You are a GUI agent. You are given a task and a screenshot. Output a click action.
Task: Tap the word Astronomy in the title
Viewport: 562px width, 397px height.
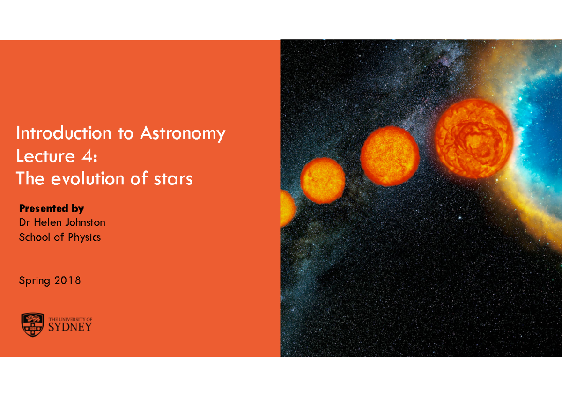pos(182,134)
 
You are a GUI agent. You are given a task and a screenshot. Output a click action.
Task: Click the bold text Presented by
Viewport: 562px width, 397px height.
pos(51,208)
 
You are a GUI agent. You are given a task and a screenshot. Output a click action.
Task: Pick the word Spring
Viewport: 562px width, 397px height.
pos(34,281)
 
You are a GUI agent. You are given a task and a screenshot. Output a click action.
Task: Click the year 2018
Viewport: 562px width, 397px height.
pos(67,280)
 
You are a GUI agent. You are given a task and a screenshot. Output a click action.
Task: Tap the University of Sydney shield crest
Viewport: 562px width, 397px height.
pos(33,324)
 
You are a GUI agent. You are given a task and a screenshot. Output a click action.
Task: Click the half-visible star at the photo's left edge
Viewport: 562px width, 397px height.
pos(287,208)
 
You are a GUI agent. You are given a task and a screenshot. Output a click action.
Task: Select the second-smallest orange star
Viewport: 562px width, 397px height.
pos(323,180)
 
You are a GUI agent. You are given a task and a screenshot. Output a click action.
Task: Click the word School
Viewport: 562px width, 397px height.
pos(34,237)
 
